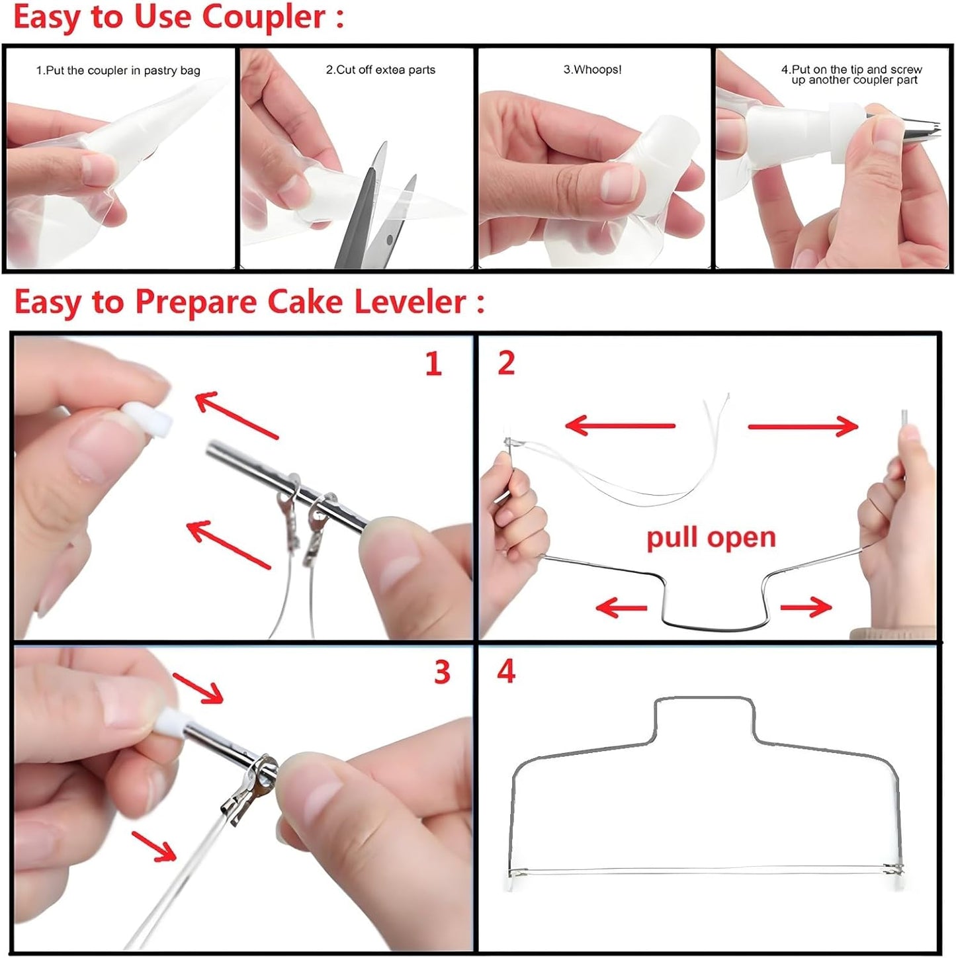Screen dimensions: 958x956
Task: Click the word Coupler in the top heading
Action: [x=263, y=17]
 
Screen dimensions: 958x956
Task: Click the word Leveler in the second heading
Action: [x=410, y=302]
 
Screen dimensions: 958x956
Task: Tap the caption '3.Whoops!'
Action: [x=592, y=69]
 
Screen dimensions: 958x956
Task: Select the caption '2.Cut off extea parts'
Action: [x=380, y=70]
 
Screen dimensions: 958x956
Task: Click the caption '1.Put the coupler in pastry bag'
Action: [x=118, y=71]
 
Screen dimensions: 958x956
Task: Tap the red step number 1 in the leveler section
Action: [x=433, y=365]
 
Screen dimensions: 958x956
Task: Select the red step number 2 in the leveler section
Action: [x=506, y=364]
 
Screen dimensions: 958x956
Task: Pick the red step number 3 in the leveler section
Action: [x=442, y=672]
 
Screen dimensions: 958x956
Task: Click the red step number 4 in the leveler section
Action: [x=506, y=672]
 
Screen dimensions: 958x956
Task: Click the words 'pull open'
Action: [x=711, y=537]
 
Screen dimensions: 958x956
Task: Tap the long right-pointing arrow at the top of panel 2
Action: [x=803, y=426]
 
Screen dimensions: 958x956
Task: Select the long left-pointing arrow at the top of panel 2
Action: [x=621, y=425]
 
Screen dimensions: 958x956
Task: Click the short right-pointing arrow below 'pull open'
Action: [x=806, y=606]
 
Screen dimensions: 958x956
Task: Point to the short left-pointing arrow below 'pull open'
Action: [x=621, y=607]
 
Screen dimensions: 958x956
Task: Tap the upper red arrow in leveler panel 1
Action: [x=236, y=415]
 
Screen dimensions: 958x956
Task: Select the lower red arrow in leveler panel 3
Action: [x=154, y=846]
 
